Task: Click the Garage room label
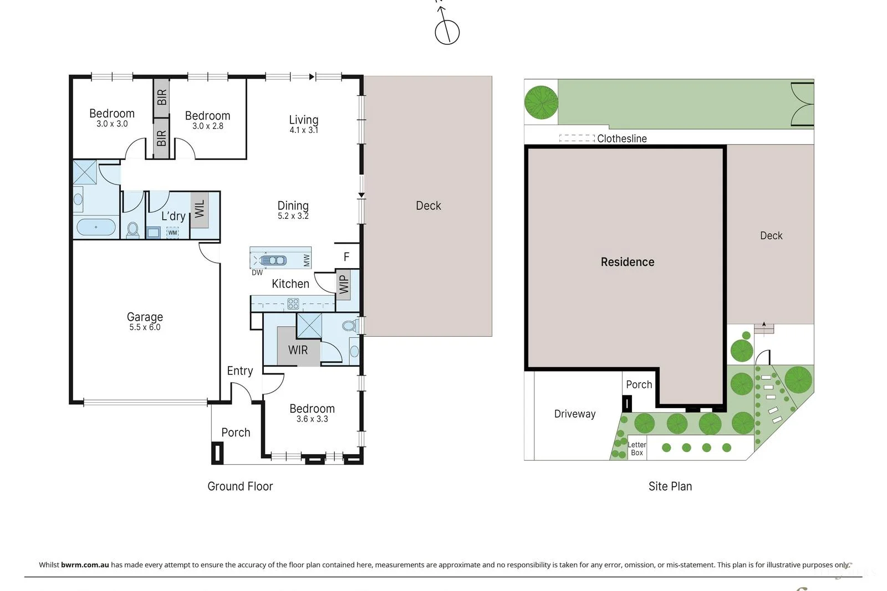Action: coord(145,317)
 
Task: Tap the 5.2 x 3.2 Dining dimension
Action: coord(293,216)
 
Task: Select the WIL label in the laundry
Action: coord(200,209)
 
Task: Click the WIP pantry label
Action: coord(343,284)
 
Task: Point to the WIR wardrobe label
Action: coord(298,350)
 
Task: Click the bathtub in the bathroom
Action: coord(96,227)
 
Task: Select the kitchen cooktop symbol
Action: coord(293,304)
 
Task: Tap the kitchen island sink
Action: coord(273,260)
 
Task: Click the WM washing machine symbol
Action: coord(172,233)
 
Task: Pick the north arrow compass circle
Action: coord(447,32)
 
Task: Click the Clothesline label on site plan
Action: coord(621,138)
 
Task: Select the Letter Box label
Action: coord(637,449)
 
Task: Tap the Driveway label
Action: coord(575,414)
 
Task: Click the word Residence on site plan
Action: coord(628,262)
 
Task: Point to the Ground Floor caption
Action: coord(240,486)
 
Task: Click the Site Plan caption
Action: coord(670,486)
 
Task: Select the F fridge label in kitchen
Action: coord(346,257)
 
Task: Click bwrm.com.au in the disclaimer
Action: coord(85,565)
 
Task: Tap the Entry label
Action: coord(240,371)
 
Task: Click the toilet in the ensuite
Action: coord(349,326)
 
